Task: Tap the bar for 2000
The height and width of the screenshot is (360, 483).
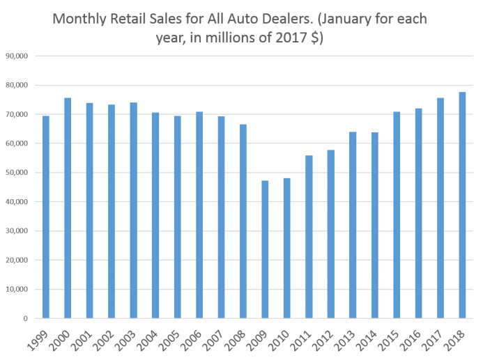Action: (x=68, y=208)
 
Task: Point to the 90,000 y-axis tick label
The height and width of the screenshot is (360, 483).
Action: (x=15, y=56)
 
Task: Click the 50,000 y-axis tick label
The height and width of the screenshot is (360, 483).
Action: (x=15, y=173)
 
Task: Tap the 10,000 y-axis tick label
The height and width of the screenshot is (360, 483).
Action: (x=15, y=290)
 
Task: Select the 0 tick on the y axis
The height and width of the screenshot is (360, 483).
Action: (x=24, y=319)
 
